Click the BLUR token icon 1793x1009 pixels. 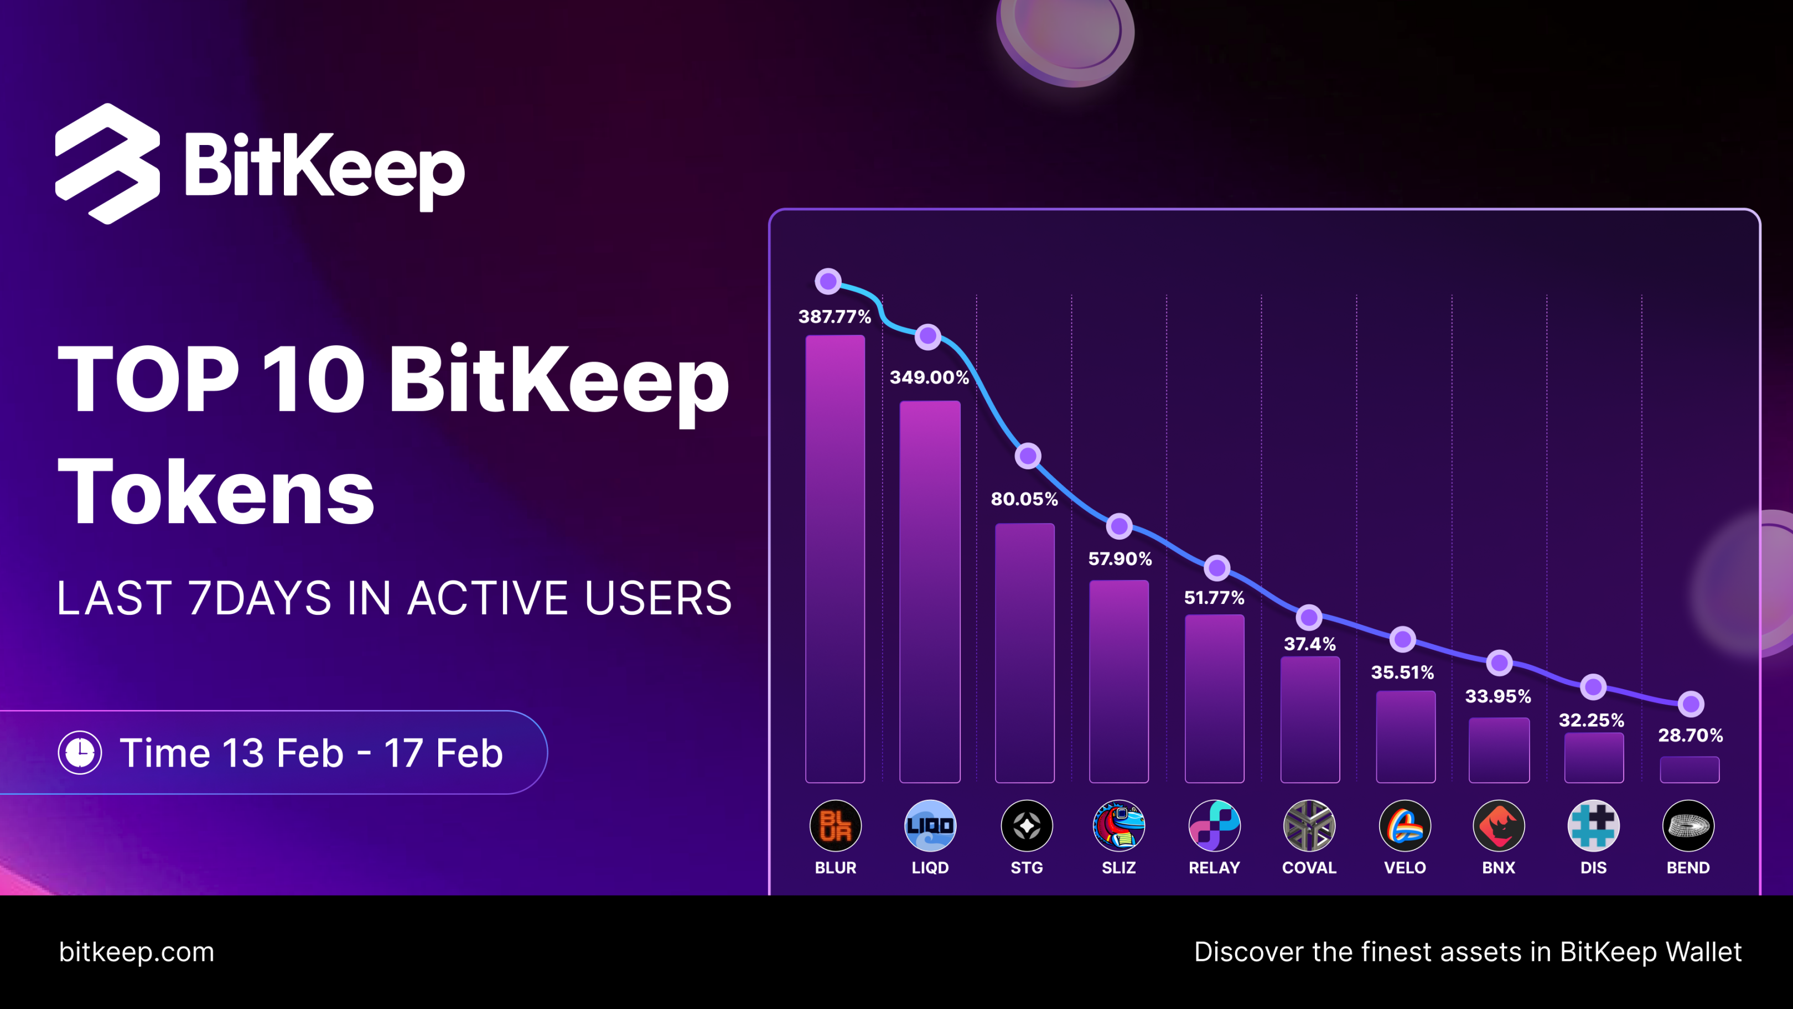coord(835,826)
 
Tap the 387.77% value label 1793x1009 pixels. coord(835,317)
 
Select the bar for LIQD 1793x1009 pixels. coord(930,592)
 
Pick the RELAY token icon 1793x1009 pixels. coord(1215,826)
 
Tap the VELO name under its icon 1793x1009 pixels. coord(1405,868)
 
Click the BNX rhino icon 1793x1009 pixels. coord(1499,826)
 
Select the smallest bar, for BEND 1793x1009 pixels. coord(1690,769)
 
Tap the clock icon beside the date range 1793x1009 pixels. coord(80,753)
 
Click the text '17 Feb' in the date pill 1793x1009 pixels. coord(443,753)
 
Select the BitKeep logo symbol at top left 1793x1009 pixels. coord(108,164)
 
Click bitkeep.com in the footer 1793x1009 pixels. coord(137,952)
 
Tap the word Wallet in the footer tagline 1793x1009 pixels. coord(1702,952)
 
